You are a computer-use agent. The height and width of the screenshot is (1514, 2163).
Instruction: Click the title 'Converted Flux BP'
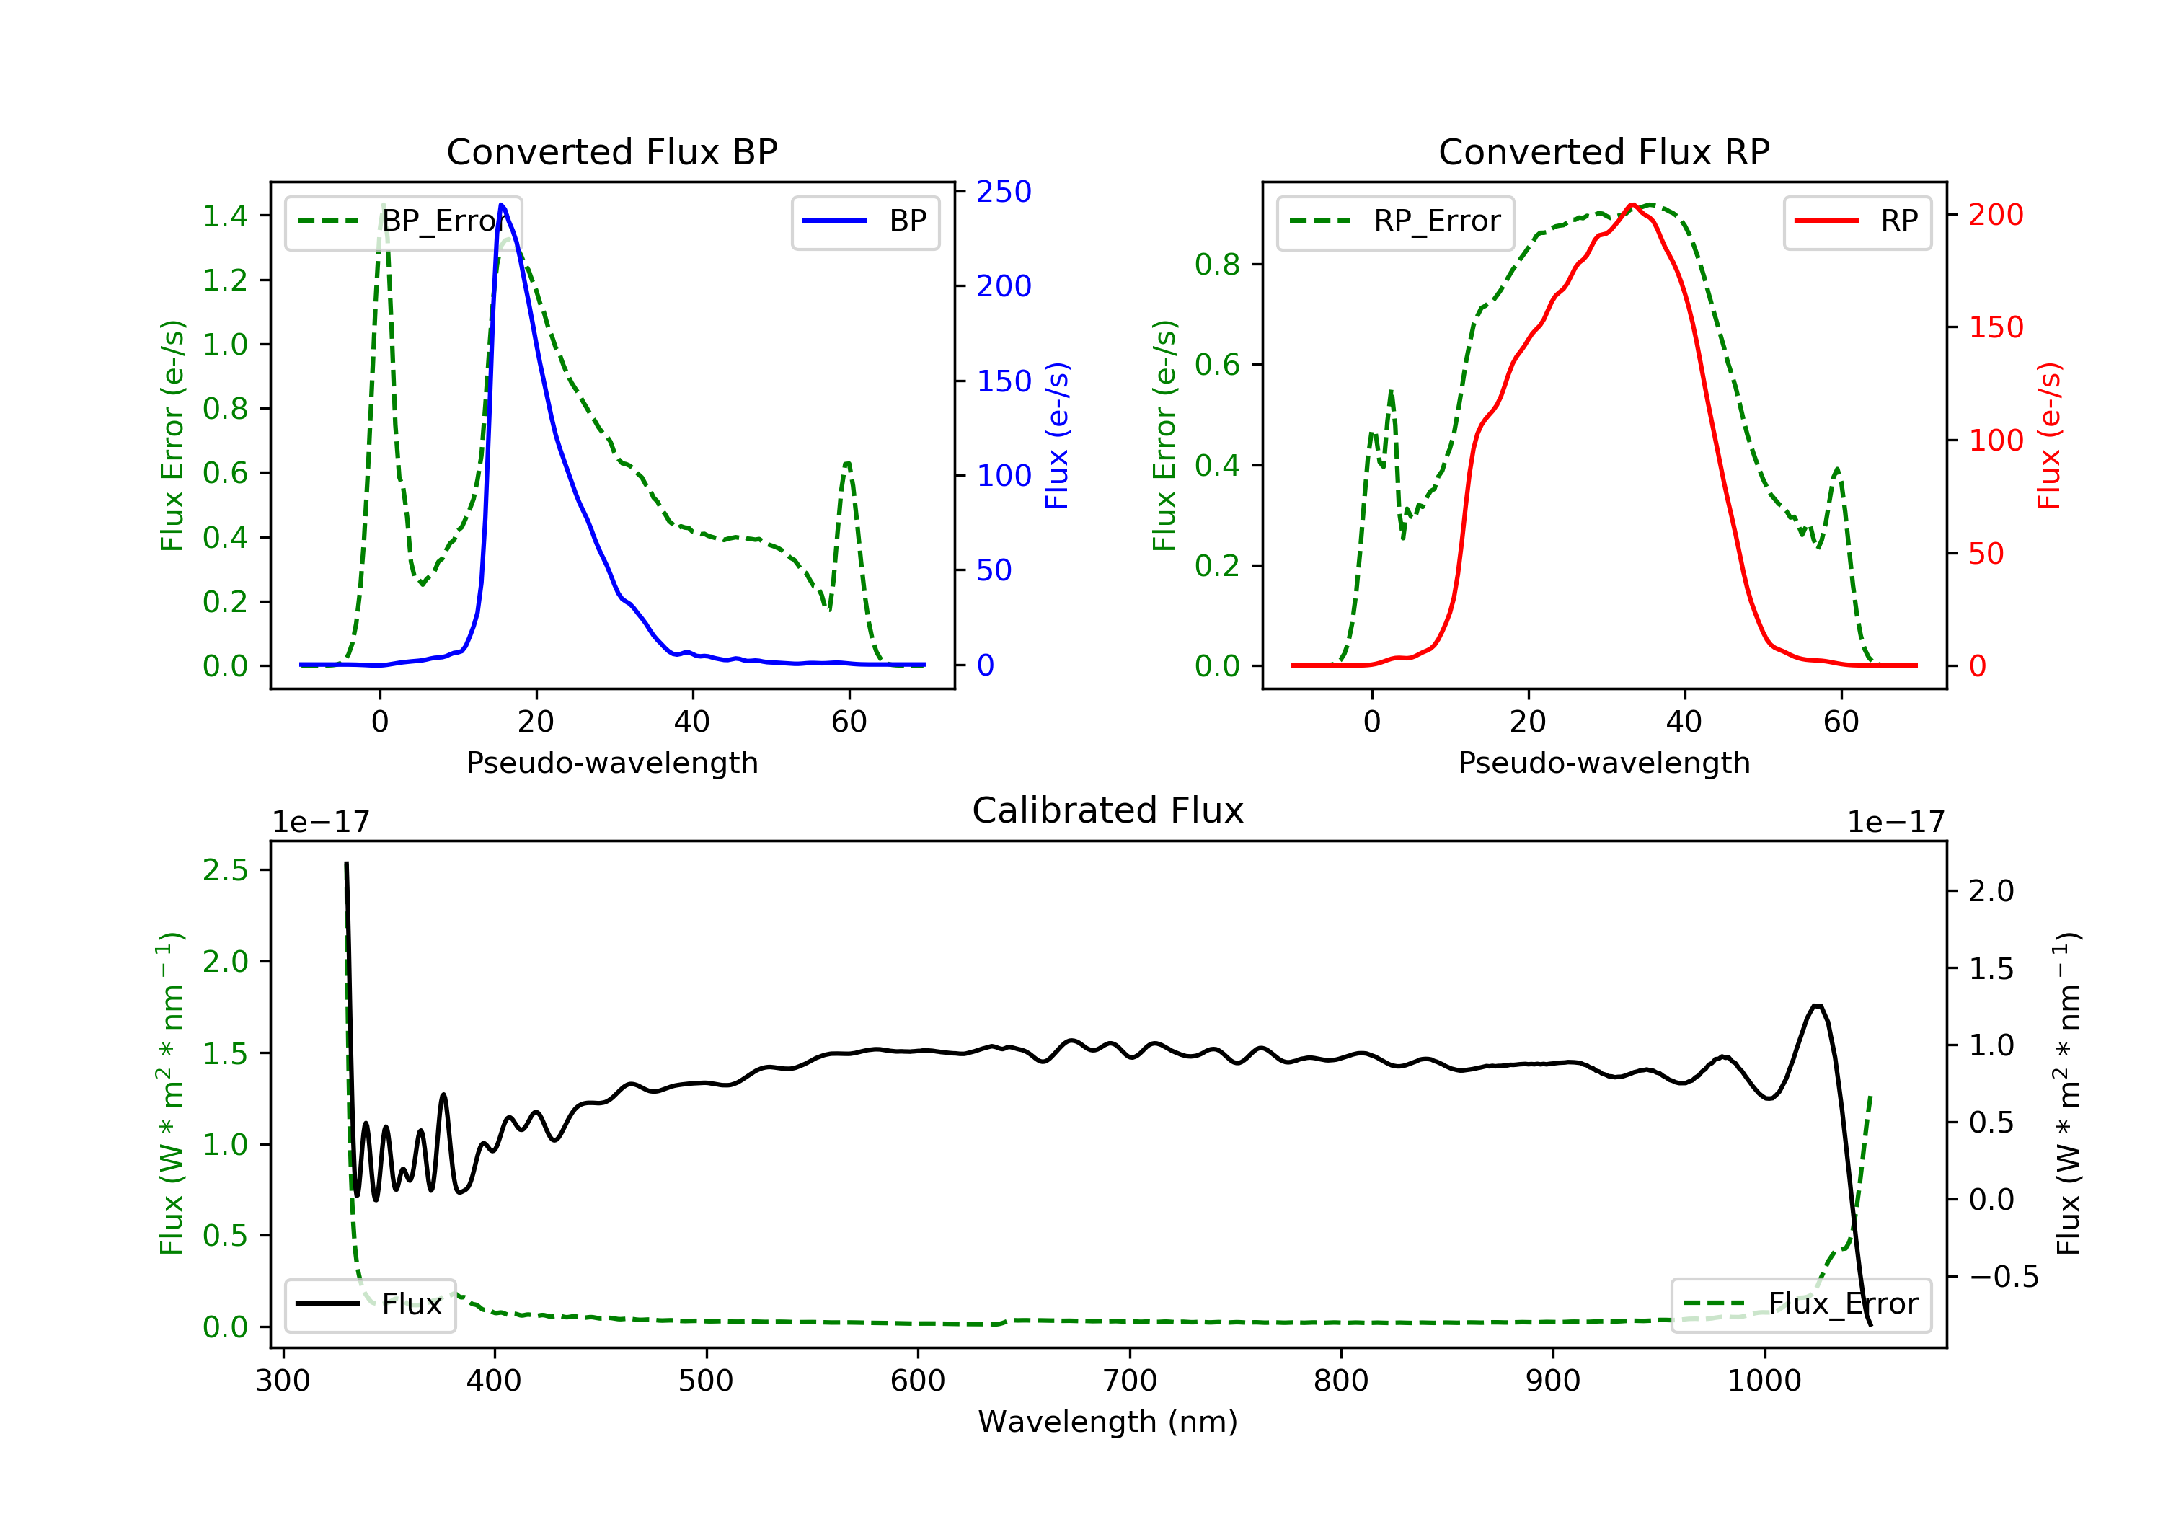pyautogui.click(x=611, y=151)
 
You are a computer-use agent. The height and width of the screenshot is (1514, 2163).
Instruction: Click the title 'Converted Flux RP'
pyautogui.click(x=1604, y=151)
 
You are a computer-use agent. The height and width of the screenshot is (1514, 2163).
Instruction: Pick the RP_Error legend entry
pyautogui.click(x=1396, y=221)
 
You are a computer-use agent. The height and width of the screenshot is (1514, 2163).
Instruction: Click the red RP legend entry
pyautogui.click(x=1857, y=221)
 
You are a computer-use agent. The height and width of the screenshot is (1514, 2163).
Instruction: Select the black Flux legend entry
pyautogui.click(x=371, y=1304)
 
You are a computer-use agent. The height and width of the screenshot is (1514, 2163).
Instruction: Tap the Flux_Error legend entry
pyautogui.click(x=1800, y=1304)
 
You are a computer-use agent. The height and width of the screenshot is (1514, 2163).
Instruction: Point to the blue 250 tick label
pyautogui.click(x=1004, y=192)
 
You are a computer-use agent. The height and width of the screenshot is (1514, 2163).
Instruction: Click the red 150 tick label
pyautogui.click(x=1995, y=328)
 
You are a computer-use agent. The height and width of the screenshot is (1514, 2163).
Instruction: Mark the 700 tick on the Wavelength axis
pyautogui.click(x=1130, y=1381)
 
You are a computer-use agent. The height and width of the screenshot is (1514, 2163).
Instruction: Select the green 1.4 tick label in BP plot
pyautogui.click(x=225, y=217)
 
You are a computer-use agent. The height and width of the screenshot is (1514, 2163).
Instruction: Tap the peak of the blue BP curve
pyautogui.click(x=501, y=205)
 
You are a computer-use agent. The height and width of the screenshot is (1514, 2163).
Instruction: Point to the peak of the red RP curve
pyautogui.click(x=1632, y=205)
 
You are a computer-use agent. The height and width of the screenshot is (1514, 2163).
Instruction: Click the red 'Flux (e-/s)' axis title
pyautogui.click(x=2050, y=436)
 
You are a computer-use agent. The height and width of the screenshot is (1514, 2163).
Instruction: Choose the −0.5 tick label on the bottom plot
pyautogui.click(x=2003, y=1278)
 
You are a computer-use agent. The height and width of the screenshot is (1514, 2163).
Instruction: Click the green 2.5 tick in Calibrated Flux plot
pyautogui.click(x=225, y=870)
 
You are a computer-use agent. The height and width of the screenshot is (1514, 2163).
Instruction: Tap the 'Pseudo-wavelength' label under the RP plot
pyautogui.click(x=1604, y=762)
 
